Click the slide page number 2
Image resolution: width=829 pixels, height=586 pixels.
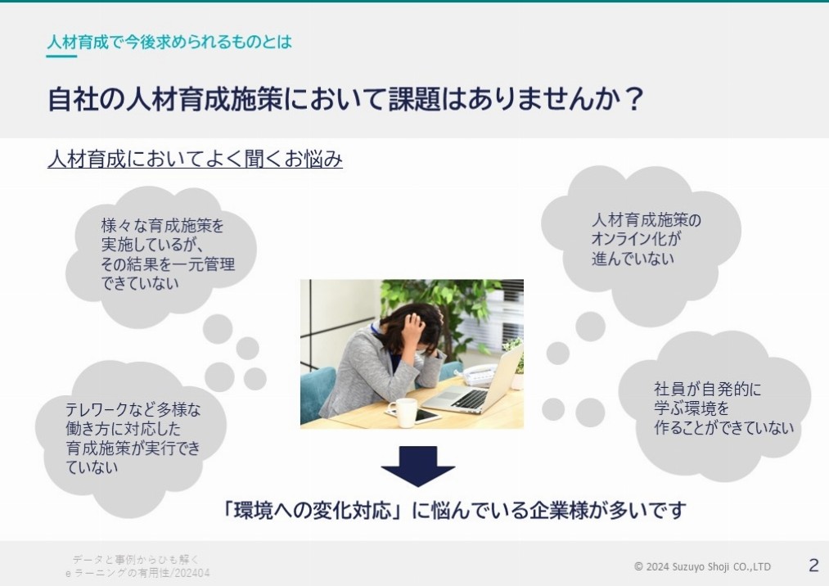coord(813,566)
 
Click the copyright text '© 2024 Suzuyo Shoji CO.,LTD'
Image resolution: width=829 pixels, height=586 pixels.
coord(702,566)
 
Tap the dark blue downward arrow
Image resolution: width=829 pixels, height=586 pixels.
coord(417,466)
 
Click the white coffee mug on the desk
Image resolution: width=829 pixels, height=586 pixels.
coord(404,412)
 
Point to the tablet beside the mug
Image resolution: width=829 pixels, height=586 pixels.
coord(417,416)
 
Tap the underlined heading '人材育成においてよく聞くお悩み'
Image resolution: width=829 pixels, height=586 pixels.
coord(195,159)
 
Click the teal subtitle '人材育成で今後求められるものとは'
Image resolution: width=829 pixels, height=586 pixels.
coord(169,42)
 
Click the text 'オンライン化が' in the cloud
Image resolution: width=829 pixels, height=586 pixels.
coord(636,239)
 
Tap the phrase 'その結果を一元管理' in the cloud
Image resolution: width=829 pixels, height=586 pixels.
coord(168,264)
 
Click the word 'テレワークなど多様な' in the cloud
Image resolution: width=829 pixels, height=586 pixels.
coord(133,409)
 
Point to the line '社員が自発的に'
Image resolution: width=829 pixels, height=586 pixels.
coord(707,390)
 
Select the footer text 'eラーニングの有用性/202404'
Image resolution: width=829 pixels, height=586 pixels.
coord(137,573)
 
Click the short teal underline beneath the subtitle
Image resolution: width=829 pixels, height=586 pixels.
coord(61,56)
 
